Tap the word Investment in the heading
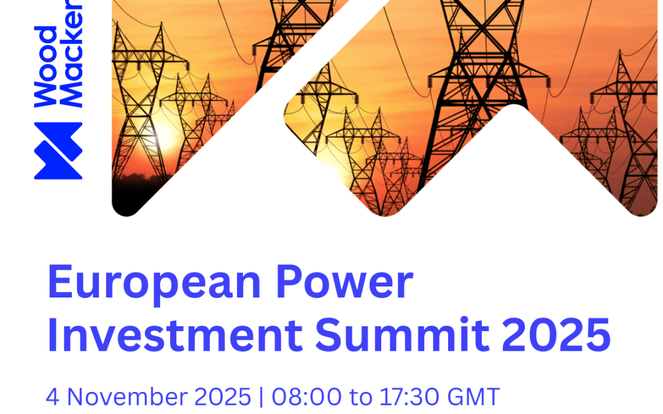pyautogui.click(x=174, y=336)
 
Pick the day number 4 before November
pyautogui.click(x=52, y=397)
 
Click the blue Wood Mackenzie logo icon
pyautogui.click(x=58, y=151)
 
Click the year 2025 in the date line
pyautogui.click(x=223, y=397)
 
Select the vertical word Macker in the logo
pyautogui.click(x=72, y=55)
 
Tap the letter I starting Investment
pyautogui.click(x=52, y=336)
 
